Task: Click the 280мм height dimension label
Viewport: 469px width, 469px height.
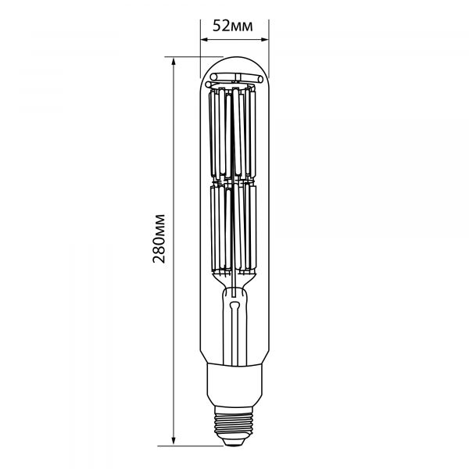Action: coord(159,238)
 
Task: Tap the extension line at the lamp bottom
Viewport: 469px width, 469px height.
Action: coord(203,446)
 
